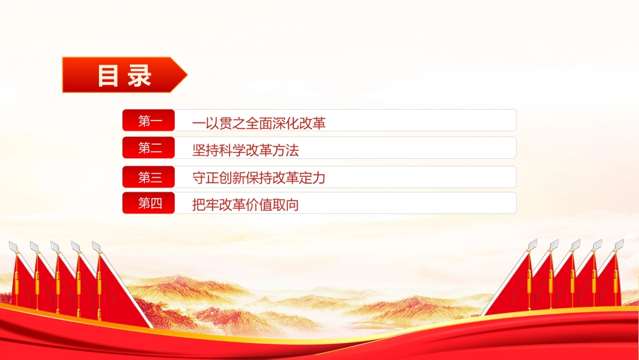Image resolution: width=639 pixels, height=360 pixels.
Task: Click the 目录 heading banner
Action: click(x=124, y=75)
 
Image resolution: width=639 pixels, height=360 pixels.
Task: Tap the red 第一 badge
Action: click(x=149, y=120)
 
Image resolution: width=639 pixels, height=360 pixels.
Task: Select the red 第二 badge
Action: click(x=149, y=147)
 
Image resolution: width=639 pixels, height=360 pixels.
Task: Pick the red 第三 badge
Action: click(x=149, y=177)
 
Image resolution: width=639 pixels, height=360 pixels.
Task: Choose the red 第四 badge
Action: click(x=149, y=203)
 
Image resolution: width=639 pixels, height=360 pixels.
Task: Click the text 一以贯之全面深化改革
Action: click(x=259, y=122)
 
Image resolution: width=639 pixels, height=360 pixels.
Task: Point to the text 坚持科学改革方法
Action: click(x=246, y=150)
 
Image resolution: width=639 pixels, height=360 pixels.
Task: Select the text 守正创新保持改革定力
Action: click(x=259, y=178)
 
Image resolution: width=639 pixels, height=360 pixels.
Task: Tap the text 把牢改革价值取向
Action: click(x=246, y=205)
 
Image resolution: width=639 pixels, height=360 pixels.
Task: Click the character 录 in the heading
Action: click(x=139, y=75)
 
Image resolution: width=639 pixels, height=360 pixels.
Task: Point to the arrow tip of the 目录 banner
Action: click(x=187, y=75)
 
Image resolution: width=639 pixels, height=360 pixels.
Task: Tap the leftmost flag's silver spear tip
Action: click(x=13, y=246)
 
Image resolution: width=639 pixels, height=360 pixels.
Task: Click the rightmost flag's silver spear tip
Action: click(x=619, y=244)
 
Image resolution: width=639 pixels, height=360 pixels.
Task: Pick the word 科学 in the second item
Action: click(x=232, y=150)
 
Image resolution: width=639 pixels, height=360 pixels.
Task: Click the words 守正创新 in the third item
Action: click(x=219, y=178)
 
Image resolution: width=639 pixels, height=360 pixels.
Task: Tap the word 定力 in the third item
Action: click(x=313, y=178)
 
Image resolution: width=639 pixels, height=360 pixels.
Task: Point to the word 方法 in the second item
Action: click(x=286, y=150)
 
